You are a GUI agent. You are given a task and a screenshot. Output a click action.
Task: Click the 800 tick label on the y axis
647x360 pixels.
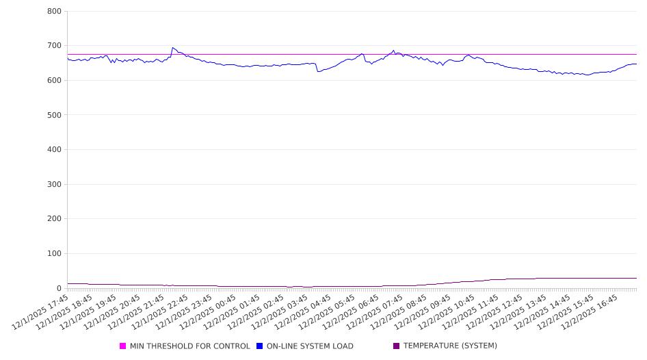[55, 12]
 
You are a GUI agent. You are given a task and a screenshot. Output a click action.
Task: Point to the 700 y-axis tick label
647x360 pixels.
[55, 46]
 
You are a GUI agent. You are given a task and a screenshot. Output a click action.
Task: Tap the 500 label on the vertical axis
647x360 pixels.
[55, 115]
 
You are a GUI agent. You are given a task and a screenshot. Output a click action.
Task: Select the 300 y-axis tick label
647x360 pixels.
[55, 184]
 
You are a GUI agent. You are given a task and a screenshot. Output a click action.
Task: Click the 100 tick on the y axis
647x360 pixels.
[55, 254]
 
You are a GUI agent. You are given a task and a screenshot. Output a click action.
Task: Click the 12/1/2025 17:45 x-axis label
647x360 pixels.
[42, 312]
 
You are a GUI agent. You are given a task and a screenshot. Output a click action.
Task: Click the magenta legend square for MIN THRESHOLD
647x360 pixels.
[123, 346]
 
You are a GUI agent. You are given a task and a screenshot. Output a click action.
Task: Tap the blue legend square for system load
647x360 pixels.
[260, 346]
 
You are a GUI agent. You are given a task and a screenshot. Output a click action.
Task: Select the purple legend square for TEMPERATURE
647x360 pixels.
[397, 346]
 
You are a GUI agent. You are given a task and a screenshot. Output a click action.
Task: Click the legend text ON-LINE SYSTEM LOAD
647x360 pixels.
[310, 346]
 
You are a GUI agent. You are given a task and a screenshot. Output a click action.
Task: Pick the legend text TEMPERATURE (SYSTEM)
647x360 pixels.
[450, 346]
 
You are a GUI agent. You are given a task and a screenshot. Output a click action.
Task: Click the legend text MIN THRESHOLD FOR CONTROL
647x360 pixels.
[189, 346]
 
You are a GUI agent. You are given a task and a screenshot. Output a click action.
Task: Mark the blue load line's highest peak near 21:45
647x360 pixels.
[172, 48]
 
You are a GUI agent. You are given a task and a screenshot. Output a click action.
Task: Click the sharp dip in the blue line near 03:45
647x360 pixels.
[317, 71]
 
